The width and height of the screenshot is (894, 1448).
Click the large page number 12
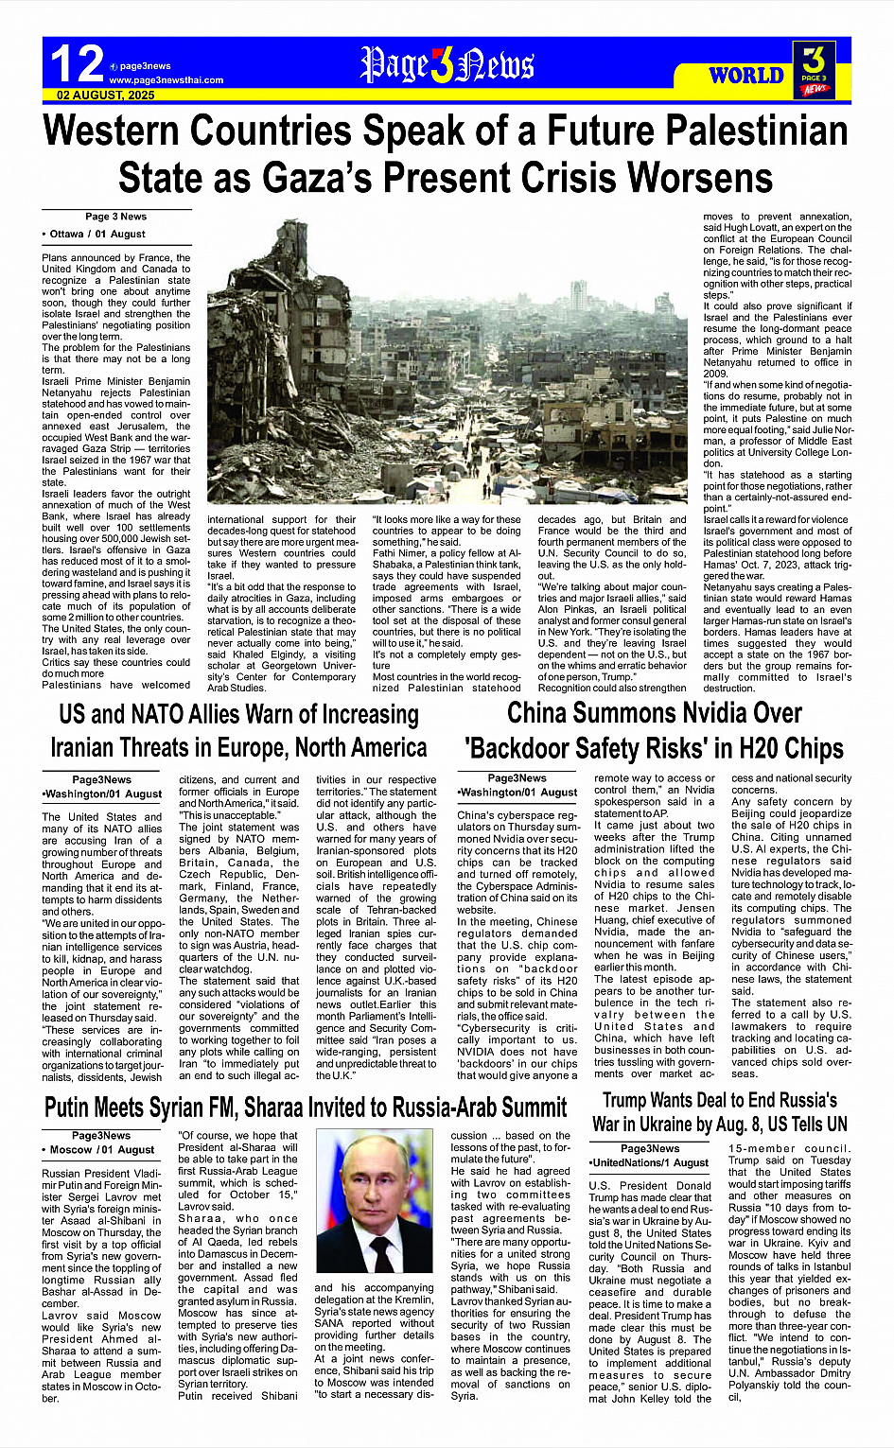[x=77, y=64]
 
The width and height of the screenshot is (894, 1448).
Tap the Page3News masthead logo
[x=447, y=65]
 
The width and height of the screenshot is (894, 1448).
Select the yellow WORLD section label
[x=746, y=76]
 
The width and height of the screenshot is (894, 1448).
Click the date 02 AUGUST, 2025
[x=106, y=96]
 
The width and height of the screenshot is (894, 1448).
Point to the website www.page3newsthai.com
[x=167, y=80]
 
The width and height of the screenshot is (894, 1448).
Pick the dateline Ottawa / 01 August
[x=94, y=234]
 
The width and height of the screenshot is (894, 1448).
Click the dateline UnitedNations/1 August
[x=649, y=1162]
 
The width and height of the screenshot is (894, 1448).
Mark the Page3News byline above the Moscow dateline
[x=101, y=1136]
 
